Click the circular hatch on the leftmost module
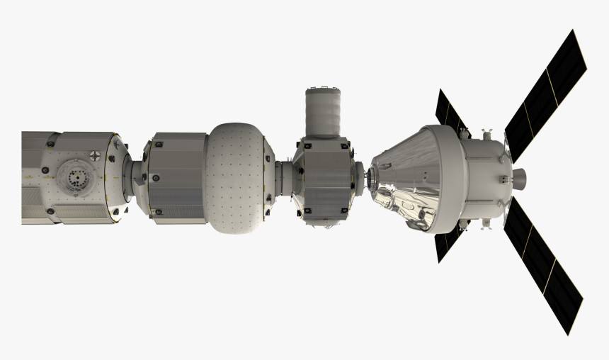coord(74,174)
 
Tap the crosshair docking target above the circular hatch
coord(95,153)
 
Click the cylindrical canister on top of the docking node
coord(324,112)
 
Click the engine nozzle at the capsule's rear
coord(519,174)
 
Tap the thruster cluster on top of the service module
coord(486,133)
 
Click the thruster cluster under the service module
coord(486,223)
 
